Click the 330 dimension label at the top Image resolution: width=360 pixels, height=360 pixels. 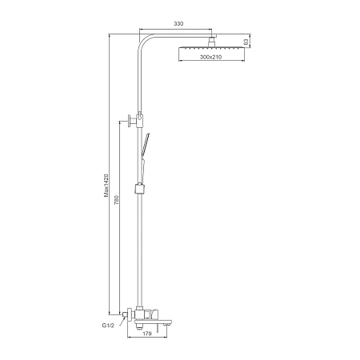click(178, 24)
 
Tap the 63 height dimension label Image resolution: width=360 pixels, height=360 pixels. click(246, 42)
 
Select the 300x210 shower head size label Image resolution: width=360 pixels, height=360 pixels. click(210, 57)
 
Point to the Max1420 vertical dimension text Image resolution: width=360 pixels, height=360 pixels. click(106, 186)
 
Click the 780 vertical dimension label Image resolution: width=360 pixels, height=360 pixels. click(116, 200)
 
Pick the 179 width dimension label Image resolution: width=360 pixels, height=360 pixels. click(147, 334)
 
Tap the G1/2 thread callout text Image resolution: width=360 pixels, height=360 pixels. click(108, 326)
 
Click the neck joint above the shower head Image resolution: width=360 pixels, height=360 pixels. click(212, 42)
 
